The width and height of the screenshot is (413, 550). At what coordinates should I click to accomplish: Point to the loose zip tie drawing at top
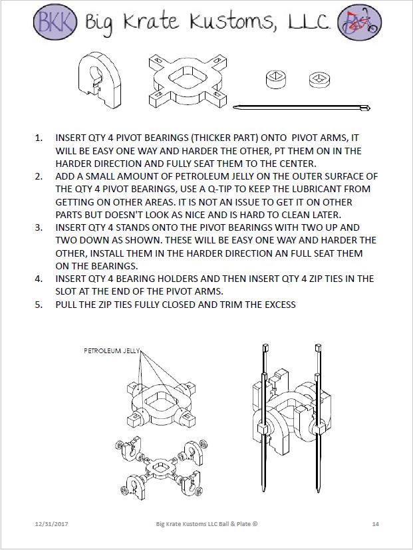(x=302, y=107)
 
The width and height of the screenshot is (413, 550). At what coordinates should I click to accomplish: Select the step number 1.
(x=38, y=138)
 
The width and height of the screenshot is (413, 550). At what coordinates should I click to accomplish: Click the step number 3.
(x=38, y=227)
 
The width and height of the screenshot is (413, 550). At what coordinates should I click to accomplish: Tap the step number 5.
(x=38, y=304)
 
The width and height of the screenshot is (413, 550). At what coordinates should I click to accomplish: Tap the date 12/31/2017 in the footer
(x=51, y=524)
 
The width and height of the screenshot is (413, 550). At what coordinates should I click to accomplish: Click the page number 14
(x=375, y=524)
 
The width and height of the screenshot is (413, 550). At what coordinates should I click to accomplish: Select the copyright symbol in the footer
(x=255, y=524)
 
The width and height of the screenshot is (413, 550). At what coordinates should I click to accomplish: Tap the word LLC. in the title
(x=307, y=23)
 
